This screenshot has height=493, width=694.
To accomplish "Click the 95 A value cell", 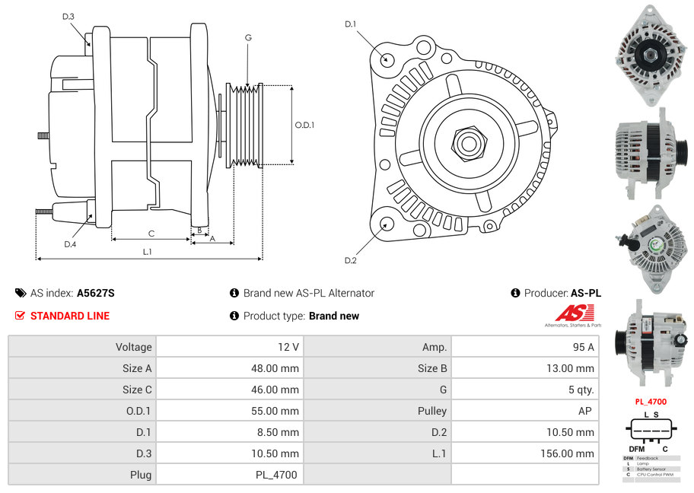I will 582,347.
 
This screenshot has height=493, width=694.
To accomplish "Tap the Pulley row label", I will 431,411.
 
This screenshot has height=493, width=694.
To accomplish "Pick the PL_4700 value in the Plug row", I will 276,475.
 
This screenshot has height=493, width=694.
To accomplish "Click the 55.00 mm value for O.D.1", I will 274,411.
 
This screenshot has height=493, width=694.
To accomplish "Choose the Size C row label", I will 137,390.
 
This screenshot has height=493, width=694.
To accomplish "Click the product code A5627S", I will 95,293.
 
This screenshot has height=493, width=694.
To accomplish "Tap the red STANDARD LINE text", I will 69,316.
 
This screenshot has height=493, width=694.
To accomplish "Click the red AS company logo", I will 573,313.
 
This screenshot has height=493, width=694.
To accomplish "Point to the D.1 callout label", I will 350,24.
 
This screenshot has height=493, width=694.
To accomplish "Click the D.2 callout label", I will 350,261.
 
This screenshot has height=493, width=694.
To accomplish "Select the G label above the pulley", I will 248,37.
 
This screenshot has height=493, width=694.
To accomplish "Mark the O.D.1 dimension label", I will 304,126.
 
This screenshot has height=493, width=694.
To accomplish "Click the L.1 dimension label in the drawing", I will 147,251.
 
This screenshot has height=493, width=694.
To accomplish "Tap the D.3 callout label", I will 68,16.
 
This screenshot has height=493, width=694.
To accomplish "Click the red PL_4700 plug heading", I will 650,402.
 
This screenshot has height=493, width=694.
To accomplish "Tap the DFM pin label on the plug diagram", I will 635,449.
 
